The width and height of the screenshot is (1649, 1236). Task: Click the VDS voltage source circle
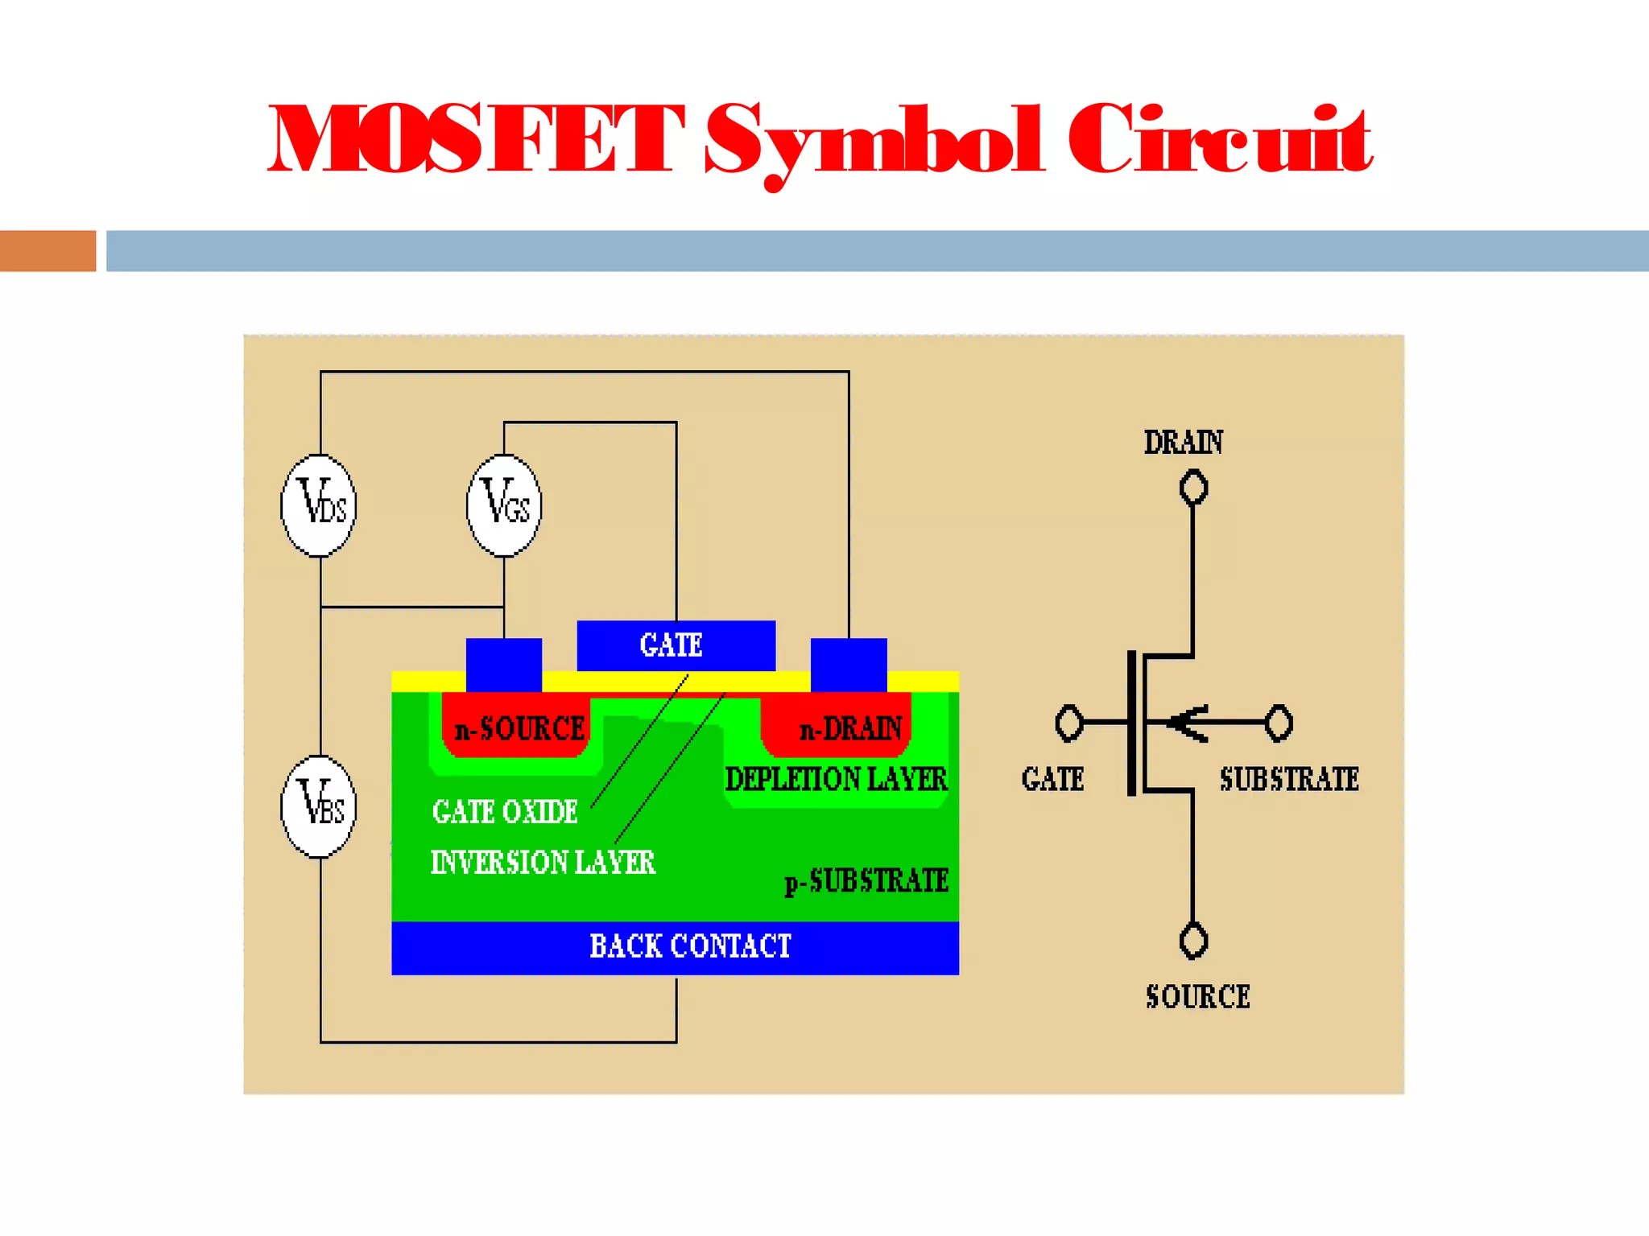pyautogui.click(x=319, y=505)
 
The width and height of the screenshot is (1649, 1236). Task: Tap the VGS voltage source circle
pyautogui.click(x=504, y=505)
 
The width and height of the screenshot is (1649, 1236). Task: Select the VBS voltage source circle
pyautogui.click(x=319, y=806)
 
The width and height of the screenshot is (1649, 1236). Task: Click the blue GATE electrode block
pyautogui.click(x=676, y=645)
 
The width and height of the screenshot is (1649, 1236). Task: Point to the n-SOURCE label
pyautogui.click(x=519, y=729)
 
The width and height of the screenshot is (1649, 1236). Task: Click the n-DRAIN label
pyautogui.click(x=850, y=729)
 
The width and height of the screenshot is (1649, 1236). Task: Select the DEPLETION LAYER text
pyautogui.click(x=837, y=779)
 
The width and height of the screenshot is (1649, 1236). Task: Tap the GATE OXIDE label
pyautogui.click(x=505, y=811)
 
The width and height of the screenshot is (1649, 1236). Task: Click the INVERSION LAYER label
pyautogui.click(x=543, y=863)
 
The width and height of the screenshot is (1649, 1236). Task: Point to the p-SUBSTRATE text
pyautogui.click(x=867, y=881)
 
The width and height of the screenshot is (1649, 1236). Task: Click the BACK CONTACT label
pyautogui.click(x=690, y=946)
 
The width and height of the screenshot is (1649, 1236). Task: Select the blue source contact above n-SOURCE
pyautogui.click(x=504, y=665)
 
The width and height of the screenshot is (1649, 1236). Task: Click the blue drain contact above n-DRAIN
pyautogui.click(x=849, y=665)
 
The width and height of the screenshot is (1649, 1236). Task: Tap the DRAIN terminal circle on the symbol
pyautogui.click(x=1193, y=488)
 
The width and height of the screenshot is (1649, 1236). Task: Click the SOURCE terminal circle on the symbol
pyautogui.click(x=1193, y=940)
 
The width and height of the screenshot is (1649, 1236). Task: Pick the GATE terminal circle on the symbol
pyautogui.click(x=1069, y=723)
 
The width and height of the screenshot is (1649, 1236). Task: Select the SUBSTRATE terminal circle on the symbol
pyautogui.click(x=1278, y=723)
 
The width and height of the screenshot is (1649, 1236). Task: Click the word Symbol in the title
pyautogui.click(x=874, y=141)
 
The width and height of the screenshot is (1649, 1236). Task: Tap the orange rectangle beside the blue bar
pyautogui.click(x=48, y=251)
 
